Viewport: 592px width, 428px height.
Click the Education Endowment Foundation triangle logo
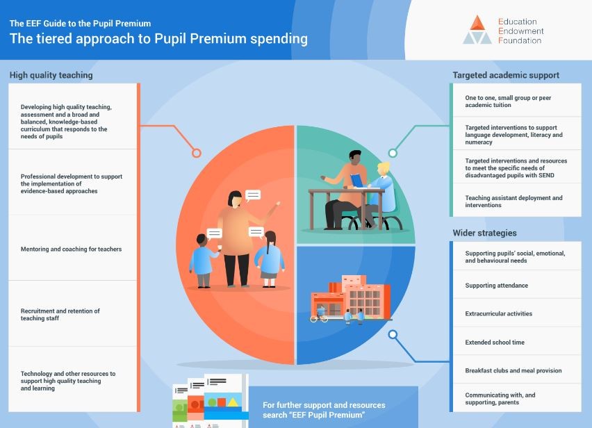pos(477,30)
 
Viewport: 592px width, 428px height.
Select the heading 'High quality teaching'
pos(51,75)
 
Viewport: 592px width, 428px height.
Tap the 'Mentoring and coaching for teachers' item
pos(71,249)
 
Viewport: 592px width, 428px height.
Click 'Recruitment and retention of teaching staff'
pos(60,315)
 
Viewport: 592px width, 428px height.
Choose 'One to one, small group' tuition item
pos(508,101)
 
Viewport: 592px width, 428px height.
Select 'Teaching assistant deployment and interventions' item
pos(513,201)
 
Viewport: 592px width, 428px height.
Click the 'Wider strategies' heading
pos(484,233)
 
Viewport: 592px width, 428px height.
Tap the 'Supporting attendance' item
pos(496,286)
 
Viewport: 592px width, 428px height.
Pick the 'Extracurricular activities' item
pos(498,314)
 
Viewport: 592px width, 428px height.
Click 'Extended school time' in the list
pos(495,343)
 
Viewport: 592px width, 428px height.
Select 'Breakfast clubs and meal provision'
pos(513,370)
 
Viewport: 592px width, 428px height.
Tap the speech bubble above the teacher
pos(253,195)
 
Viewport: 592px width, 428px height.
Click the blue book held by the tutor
pos(356,180)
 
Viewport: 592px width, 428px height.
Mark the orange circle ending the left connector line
pos(197,153)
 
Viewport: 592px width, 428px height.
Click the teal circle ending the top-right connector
pos(393,153)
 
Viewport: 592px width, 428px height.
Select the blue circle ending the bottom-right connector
pos(393,334)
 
